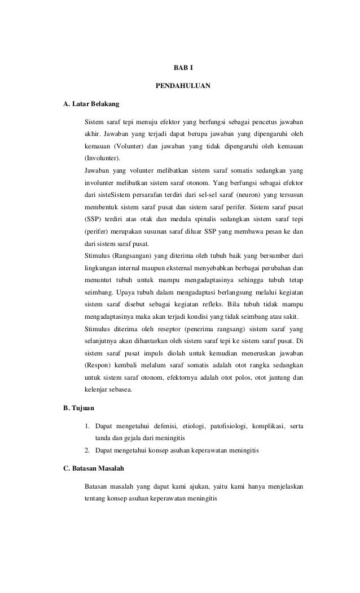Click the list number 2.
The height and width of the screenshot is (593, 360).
(x=87, y=450)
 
